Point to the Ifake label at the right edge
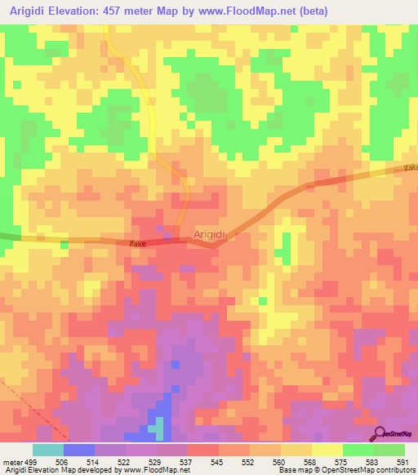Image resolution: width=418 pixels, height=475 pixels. (410, 167)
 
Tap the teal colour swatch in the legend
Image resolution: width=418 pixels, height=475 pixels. (47, 450)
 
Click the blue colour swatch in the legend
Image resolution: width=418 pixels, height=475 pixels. (78, 450)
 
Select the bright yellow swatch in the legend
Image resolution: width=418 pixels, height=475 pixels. (327, 450)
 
